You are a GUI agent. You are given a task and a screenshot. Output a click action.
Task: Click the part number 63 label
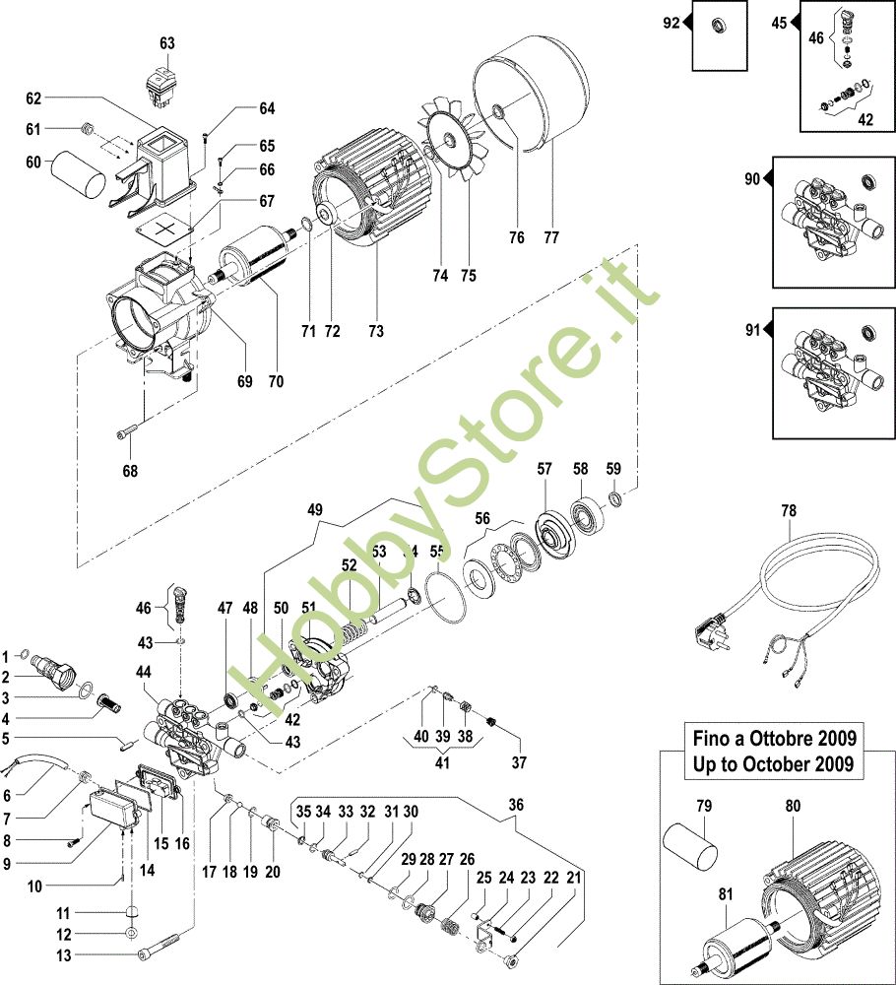pyautogui.click(x=166, y=43)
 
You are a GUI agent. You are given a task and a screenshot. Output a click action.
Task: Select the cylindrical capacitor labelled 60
pyautogui.click(x=77, y=174)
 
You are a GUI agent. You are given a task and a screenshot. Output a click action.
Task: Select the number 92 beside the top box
pyautogui.click(x=671, y=22)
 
